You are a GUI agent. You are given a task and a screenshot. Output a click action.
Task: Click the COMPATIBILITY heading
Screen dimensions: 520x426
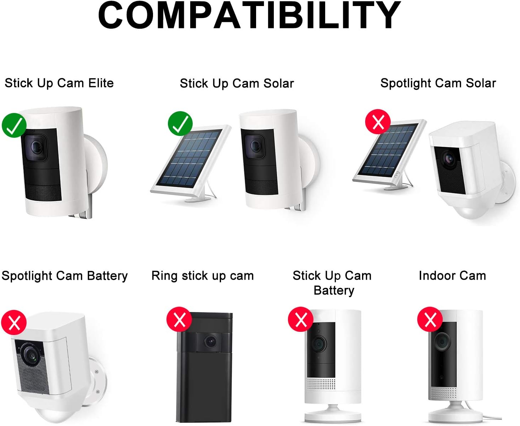(249, 15)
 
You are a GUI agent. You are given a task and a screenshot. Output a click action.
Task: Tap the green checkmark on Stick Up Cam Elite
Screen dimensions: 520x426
(14, 125)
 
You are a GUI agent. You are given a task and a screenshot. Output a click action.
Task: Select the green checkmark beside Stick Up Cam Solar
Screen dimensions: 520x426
(180, 124)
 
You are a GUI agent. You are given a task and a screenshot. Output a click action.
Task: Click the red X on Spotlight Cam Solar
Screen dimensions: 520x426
(378, 121)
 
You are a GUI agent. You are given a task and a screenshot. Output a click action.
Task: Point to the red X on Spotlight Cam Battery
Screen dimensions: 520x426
(14, 323)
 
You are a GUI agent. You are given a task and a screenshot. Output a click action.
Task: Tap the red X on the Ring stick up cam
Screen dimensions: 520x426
(179, 319)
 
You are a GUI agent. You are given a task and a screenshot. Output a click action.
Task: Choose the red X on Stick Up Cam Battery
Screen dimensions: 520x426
(301, 319)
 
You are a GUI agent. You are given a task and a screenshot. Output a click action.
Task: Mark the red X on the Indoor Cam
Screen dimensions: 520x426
(430, 319)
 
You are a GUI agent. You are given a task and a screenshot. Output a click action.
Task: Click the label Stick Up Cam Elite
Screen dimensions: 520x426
(59, 83)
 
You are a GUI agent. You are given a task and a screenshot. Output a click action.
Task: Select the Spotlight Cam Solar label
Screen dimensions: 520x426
(438, 83)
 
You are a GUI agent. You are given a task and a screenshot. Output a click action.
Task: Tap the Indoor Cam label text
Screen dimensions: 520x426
(452, 276)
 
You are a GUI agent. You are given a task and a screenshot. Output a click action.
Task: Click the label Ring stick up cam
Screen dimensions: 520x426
(202, 276)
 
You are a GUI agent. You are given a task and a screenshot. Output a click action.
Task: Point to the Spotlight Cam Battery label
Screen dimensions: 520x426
(64, 276)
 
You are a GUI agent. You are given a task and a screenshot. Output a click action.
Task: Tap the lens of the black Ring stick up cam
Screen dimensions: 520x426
(210, 342)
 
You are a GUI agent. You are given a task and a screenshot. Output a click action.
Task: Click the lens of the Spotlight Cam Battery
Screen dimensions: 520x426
(32, 355)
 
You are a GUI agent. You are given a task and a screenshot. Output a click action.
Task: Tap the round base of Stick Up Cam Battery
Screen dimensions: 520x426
(333, 415)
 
